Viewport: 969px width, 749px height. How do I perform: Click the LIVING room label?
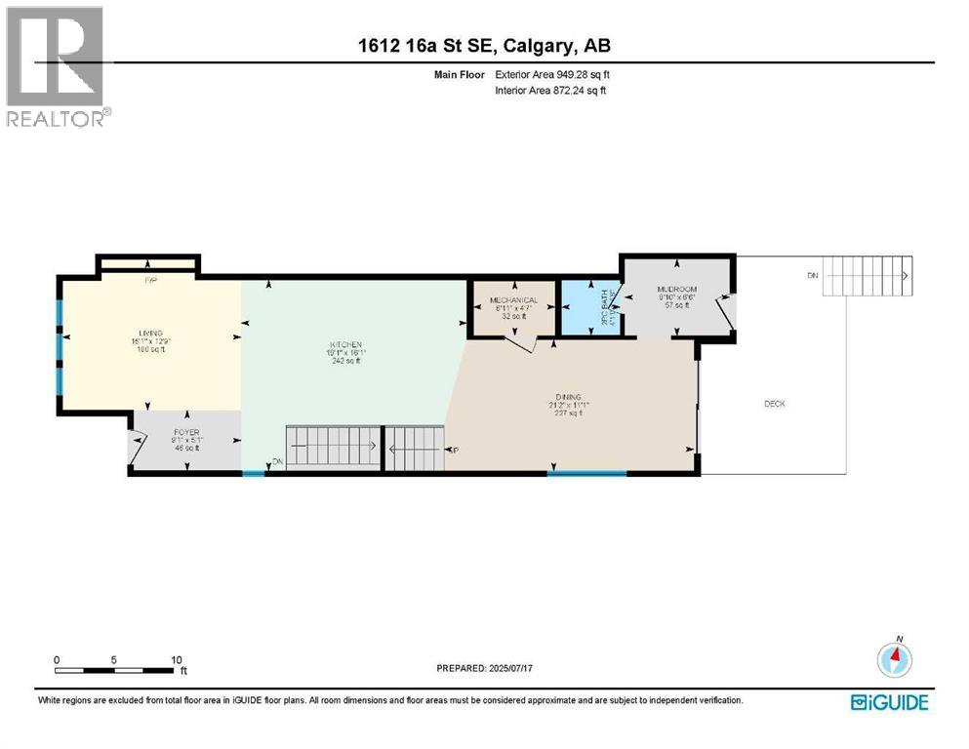coord(149,333)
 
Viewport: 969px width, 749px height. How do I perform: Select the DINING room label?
coord(570,397)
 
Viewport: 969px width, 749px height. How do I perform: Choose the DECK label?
coord(774,404)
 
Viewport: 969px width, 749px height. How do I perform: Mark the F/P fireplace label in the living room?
coord(150,281)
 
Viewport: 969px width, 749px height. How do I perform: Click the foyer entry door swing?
coord(136,446)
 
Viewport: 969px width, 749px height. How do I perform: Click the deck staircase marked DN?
coord(866,276)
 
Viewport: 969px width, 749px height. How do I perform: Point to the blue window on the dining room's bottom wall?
coord(585,474)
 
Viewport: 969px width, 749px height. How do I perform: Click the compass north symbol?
coord(895,659)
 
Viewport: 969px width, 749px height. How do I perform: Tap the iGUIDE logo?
coord(889,702)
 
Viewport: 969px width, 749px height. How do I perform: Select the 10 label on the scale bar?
coord(177,659)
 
